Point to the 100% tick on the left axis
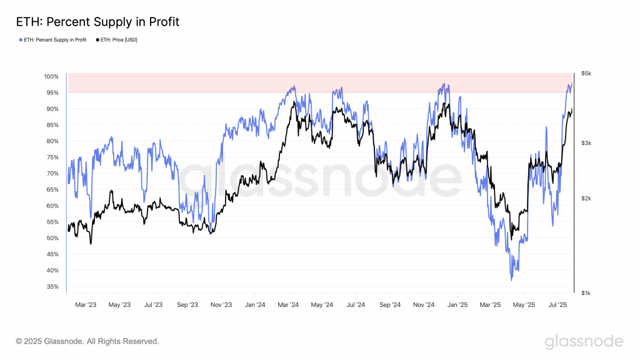click(51, 77)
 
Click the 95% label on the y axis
click(52, 92)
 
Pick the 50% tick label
click(52, 238)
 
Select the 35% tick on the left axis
click(52, 287)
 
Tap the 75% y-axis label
click(52, 157)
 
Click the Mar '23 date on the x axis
click(86, 305)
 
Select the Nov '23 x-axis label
click(221, 305)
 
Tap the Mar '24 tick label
click(288, 305)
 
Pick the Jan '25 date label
click(457, 305)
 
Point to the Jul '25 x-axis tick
click(557, 305)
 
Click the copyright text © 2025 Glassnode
click(87, 341)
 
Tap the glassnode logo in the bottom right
click(584, 341)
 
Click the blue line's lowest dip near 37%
click(511, 279)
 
